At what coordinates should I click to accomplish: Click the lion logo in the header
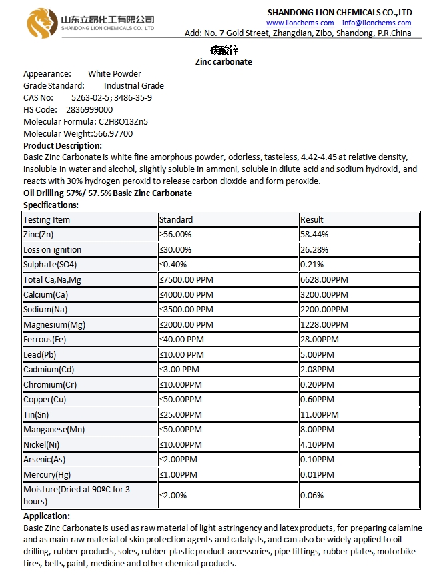[x=42, y=23]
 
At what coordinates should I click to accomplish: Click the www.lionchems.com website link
[x=300, y=23]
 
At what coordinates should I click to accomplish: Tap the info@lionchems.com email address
[x=377, y=23]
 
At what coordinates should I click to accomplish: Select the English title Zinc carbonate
[x=224, y=61]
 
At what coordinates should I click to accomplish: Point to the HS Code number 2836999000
[x=89, y=109]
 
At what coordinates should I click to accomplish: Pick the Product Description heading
[x=63, y=145]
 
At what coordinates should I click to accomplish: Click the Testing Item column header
[x=47, y=219]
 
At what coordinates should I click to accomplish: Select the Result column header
[x=312, y=219]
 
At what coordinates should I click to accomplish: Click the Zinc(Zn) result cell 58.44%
[x=314, y=235]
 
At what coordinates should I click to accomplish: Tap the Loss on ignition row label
[x=52, y=249]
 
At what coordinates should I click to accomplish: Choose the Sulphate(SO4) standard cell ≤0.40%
[x=175, y=264]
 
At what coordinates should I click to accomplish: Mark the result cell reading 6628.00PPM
[x=324, y=279]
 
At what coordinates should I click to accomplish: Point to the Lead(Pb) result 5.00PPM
[x=317, y=354]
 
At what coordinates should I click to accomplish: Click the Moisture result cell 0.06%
[x=312, y=495]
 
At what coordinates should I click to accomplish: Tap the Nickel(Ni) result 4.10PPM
[x=317, y=444]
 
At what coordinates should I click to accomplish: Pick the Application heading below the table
[x=46, y=516]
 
